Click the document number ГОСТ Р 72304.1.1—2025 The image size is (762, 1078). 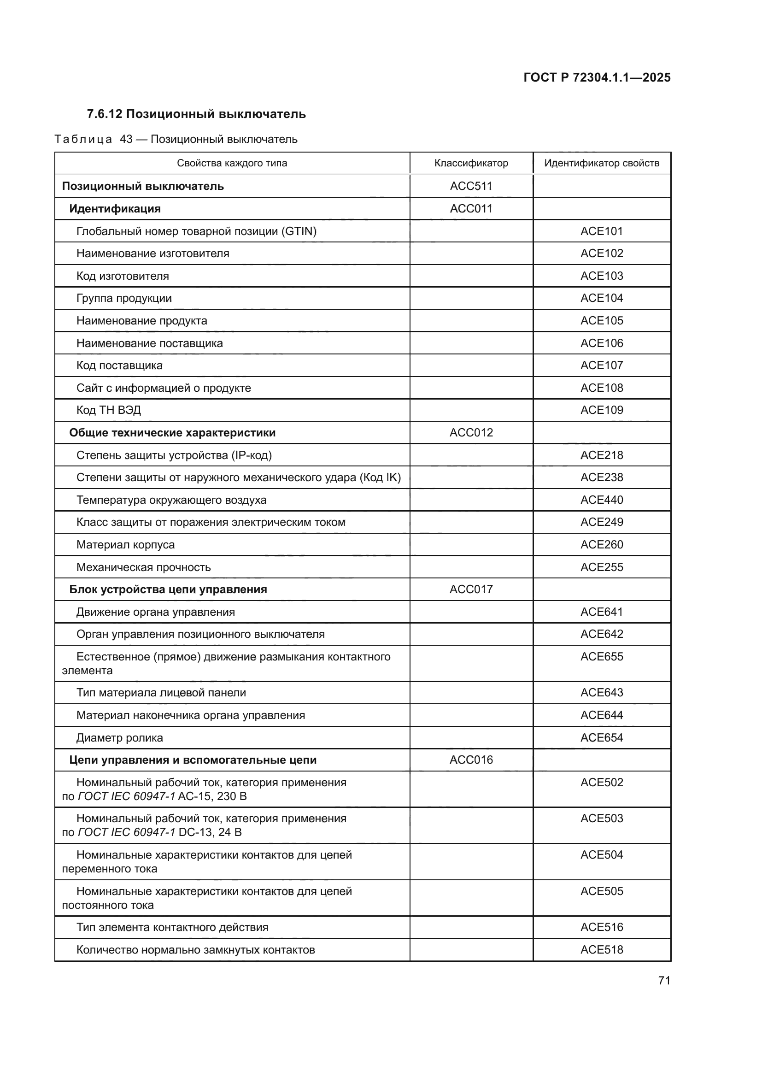click(597, 77)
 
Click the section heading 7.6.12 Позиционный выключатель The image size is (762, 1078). click(196, 114)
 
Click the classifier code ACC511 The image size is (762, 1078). click(471, 186)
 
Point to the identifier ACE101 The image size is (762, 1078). click(602, 231)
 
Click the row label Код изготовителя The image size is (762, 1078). click(123, 276)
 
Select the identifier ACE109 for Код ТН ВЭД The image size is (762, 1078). click(602, 410)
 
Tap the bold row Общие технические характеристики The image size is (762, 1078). click(172, 432)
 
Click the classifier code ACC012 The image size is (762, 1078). click(471, 432)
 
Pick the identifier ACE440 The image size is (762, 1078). click(602, 500)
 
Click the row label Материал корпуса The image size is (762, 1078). click(125, 545)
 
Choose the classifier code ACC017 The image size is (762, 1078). click(471, 589)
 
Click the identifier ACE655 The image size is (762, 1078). click(602, 656)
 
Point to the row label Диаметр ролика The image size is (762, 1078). click(120, 737)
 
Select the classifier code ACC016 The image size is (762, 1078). click(471, 760)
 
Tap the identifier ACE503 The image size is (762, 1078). click(602, 819)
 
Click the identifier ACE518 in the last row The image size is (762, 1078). click(602, 949)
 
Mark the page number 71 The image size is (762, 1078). click(664, 980)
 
